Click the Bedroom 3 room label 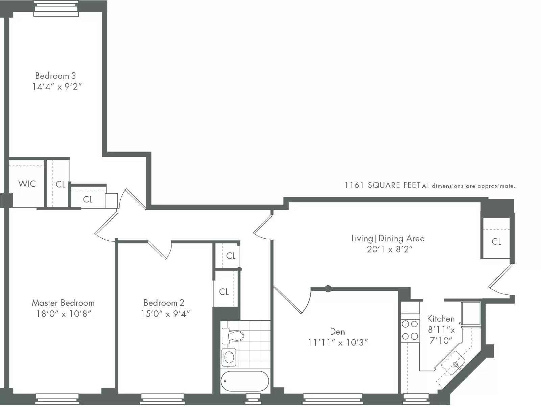point(55,76)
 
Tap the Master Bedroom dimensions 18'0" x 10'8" point(64,314)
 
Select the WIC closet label point(27,184)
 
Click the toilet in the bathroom point(233,336)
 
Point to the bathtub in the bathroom point(245,381)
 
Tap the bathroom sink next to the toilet point(229,357)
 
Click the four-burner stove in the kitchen point(409,330)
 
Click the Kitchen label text point(441,319)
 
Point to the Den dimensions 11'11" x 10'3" point(337,343)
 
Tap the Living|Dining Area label point(388,239)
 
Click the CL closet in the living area point(496,241)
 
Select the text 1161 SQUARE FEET point(382,185)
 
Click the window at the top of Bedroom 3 point(56,8)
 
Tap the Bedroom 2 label point(164,303)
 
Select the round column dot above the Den point(328,289)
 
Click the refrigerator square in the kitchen point(471,313)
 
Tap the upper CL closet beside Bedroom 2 point(231,256)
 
